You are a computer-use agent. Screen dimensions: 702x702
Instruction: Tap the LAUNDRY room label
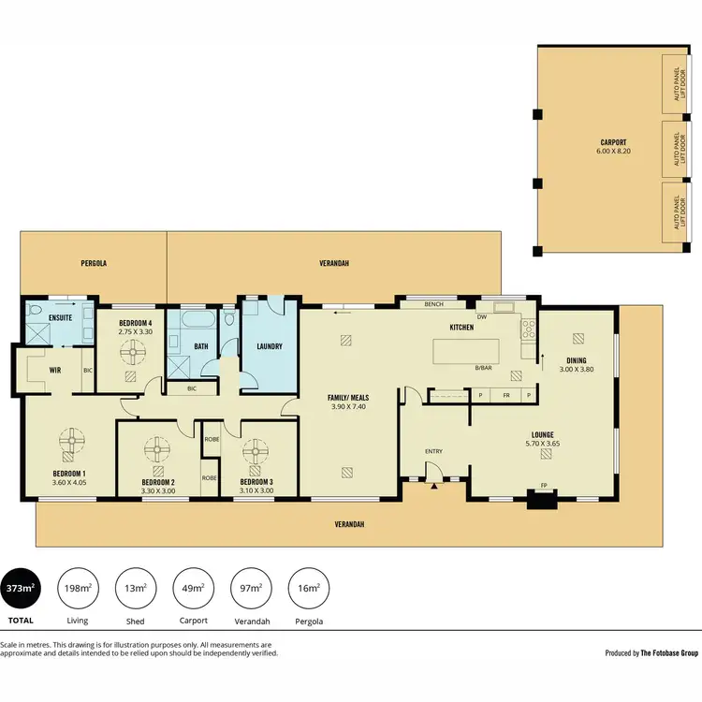point(270,347)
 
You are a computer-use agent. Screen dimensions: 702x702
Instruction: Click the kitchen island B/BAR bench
point(481,352)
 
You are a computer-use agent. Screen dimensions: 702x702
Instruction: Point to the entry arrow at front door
point(435,486)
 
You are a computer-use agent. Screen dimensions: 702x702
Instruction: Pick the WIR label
point(55,371)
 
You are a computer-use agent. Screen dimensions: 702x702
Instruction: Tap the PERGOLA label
point(94,265)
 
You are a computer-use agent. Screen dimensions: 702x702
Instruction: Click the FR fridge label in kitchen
point(505,396)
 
